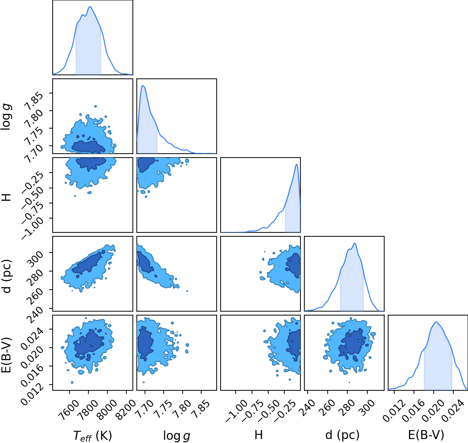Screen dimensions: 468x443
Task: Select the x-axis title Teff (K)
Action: click(92, 435)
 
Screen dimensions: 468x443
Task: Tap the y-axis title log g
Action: click(6, 117)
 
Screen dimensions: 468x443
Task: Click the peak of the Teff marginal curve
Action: click(90, 7)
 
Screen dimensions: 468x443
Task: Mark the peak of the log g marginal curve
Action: click(143, 85)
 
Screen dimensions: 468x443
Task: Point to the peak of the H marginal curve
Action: click(296, 164)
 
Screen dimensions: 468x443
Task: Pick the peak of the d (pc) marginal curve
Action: click(355, 243)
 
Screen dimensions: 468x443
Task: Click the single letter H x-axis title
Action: click(259, 435)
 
